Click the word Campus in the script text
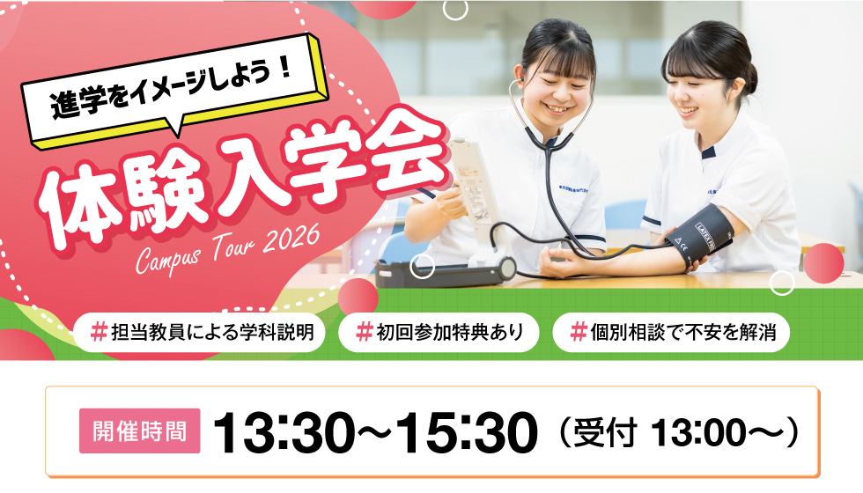(x=168, y=256)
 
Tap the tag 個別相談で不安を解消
(x=670, y=333)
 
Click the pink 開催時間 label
(x=140, y=430)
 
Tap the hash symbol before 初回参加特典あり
(x=364, y=333)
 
